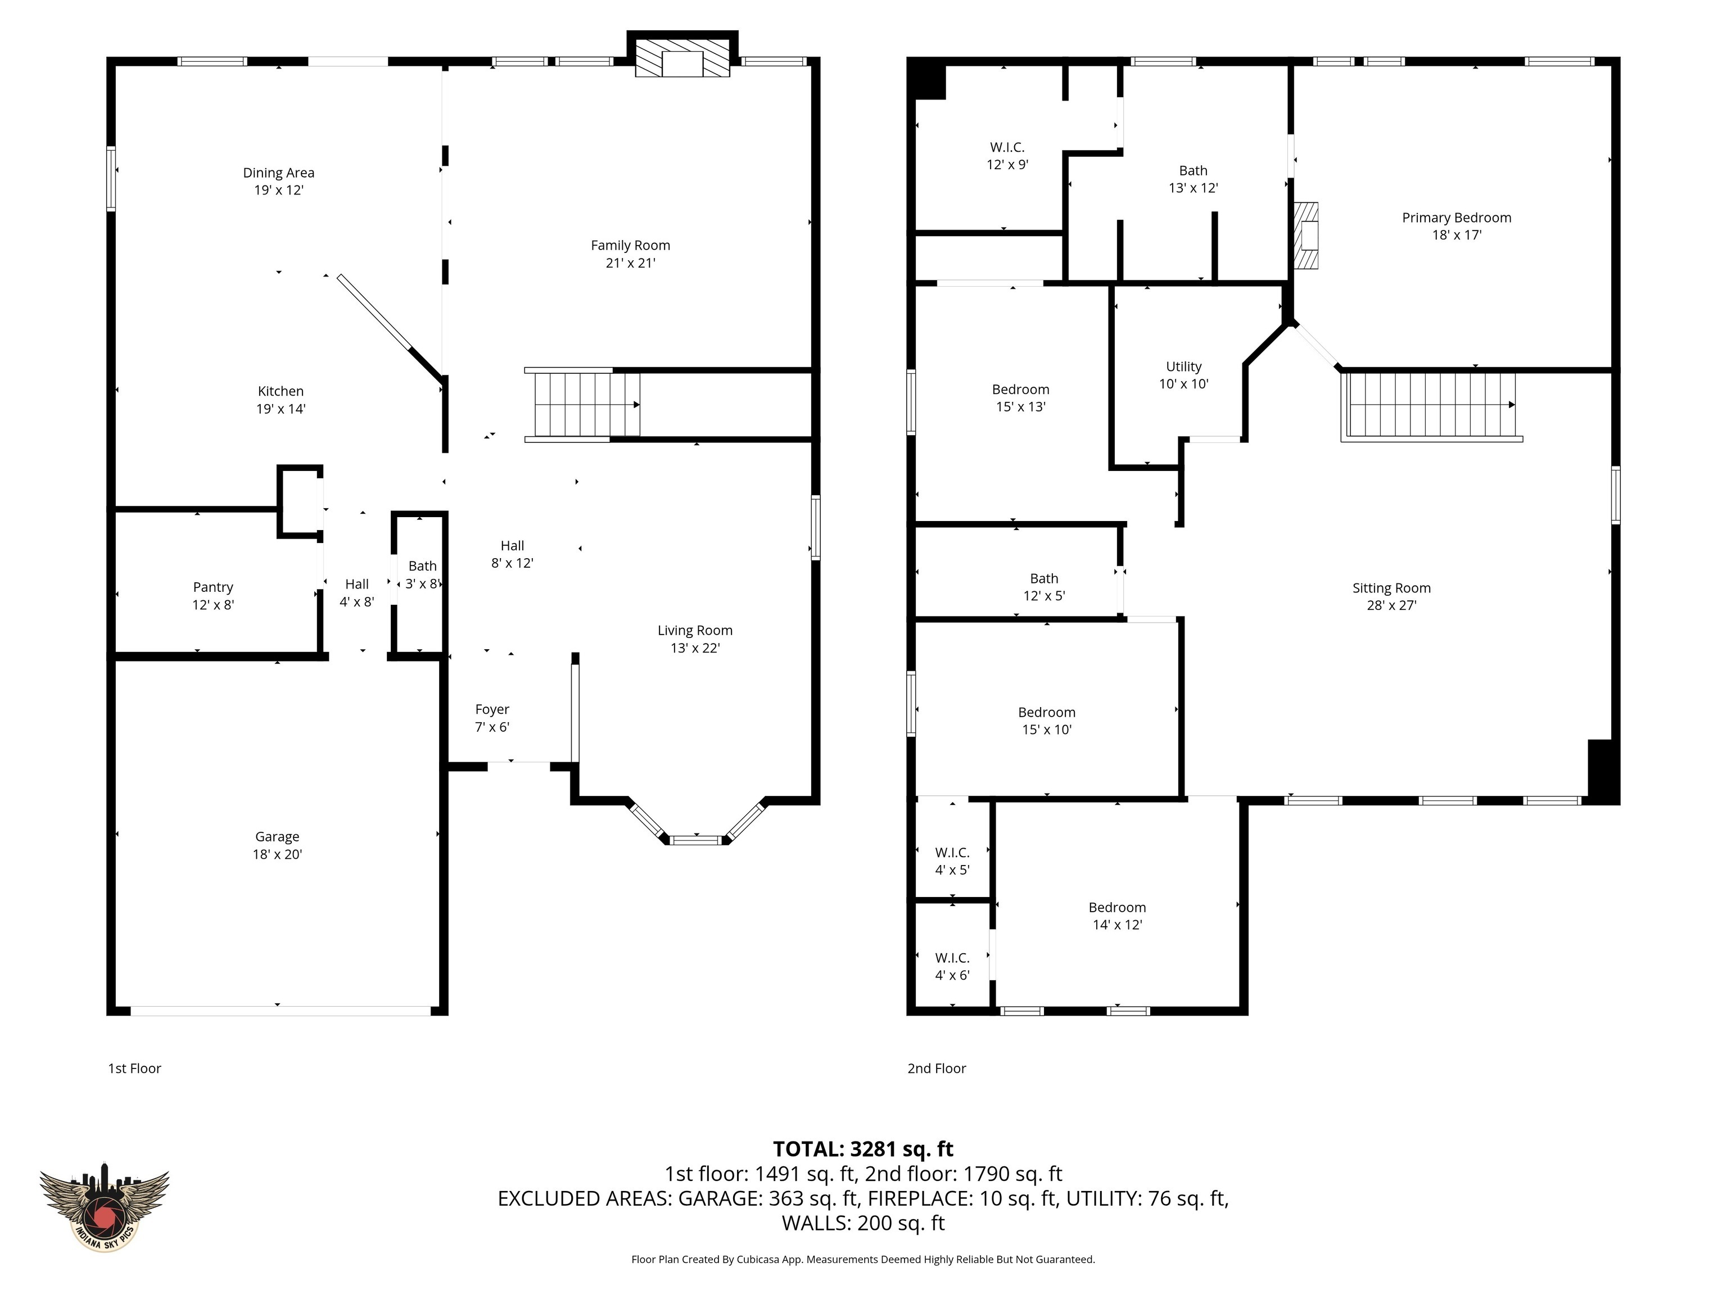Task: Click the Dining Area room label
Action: [279, 173]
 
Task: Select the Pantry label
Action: [213, 587]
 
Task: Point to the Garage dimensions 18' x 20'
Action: [277, 854]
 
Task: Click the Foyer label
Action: [492, 709]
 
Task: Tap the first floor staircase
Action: [582, 404]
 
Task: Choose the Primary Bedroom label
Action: [1457, 218]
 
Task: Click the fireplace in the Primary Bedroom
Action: [1306, 236]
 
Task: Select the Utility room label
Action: [1183, 366]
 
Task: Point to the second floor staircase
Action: [1432, 406]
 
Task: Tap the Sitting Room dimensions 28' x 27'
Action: [1391, 605]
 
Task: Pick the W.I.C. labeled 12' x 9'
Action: [1007, 155]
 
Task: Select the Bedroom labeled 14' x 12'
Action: [1117, 916]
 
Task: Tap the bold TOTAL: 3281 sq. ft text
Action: [863, 1149]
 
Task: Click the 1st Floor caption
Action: [134, 1068]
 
